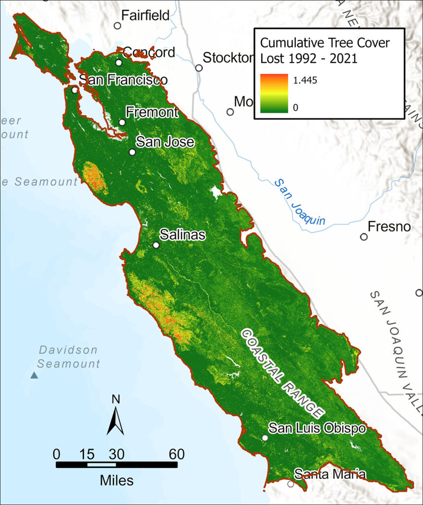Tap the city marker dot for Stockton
click(x=199, y=68)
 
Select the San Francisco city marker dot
click(x=74, y=90)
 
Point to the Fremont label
click(x=152, y=112)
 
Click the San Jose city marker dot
click(x=132, y=152)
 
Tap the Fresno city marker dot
click(x=364, y=237)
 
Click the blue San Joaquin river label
click(x=300, y=203)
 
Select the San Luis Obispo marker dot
click(x=265, y=438)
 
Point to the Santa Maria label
click(x=330, y=475)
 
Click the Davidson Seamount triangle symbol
click(x=34, y=375)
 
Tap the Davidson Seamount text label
click(x=69, y=357)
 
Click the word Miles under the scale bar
click(x=116, y=479)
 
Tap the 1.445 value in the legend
click(x=306, y=80)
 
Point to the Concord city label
click(x=149, y=52)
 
